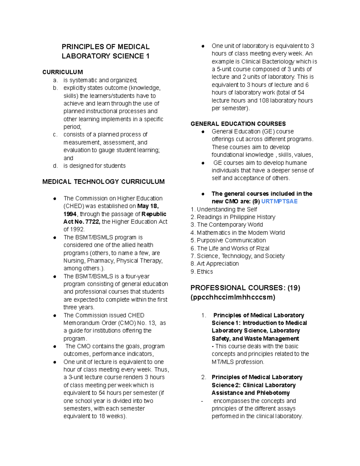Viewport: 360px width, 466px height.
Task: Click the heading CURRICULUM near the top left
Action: point(62,72)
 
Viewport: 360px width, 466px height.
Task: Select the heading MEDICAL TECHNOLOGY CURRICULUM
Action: point(103,182)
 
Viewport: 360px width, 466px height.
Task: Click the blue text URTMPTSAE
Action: point(279,201)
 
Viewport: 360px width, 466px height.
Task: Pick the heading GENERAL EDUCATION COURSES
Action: point(238,124)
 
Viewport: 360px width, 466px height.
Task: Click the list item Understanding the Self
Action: point(226,209)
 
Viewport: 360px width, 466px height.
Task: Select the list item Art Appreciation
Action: point(217,263)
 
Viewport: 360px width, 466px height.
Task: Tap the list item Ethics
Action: point(205,272)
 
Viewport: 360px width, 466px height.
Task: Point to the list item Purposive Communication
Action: point(231,240)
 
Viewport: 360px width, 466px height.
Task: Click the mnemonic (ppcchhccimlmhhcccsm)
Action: point(233,297)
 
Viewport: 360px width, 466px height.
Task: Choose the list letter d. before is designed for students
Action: point(55,166)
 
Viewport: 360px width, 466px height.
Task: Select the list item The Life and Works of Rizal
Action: point(233,248)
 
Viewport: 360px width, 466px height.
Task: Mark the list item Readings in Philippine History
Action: point(236,217)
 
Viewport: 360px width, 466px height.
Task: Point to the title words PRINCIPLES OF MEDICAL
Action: point(105,47)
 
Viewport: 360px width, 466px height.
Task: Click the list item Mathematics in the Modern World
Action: point(241,233)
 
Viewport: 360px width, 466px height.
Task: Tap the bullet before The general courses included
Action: point(203,194)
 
